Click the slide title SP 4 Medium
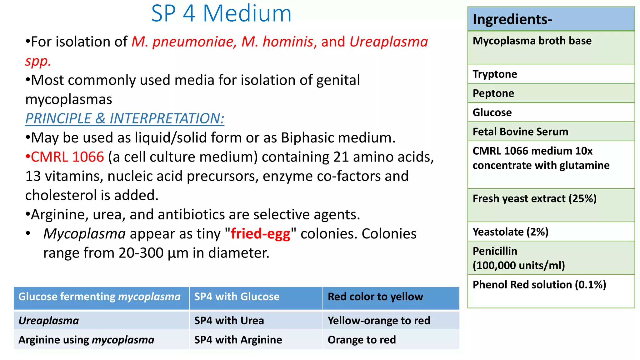click(221, 14)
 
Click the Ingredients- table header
click(512, 19)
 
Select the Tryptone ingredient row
click(495, 74)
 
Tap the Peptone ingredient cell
click(493, 93)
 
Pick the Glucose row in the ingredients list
click(492, 112)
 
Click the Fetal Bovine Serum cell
click(520, 132)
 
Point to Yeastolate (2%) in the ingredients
click(510, 232)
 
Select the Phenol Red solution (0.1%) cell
click(539, 285)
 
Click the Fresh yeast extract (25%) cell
click(534, 199)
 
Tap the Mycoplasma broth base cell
click(532, 41)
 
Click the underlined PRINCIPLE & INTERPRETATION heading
click(125, 119)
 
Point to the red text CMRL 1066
click(67, 157)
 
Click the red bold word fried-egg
click(261, 234)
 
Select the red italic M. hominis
click(277, 42)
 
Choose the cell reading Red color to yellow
click(375, 297)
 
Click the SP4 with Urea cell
click(229, 321)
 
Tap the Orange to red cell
click(362, 340)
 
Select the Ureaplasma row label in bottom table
click(49, 321)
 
